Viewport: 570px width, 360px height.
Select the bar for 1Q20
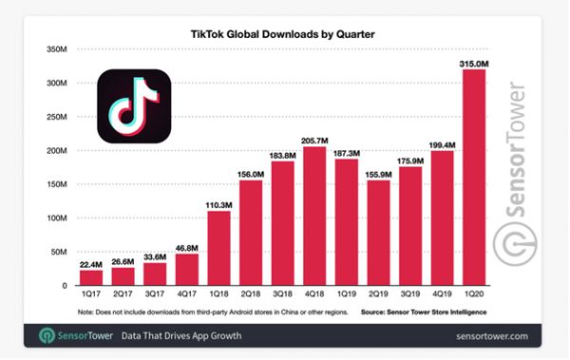(474, 190)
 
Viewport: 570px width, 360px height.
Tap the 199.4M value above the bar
(443, 145)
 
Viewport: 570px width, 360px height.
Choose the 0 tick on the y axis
(64, 285)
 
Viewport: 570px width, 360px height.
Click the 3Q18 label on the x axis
(282, 295)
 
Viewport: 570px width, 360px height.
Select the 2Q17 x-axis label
(122, 295)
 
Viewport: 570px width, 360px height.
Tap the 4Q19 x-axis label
(442, 295)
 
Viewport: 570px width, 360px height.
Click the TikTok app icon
(134, 106)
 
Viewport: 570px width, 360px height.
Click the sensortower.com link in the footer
(494, 336)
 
